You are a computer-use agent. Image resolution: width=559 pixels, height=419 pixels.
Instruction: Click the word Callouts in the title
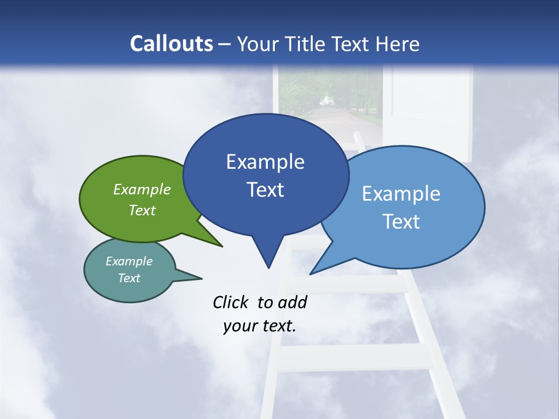172,44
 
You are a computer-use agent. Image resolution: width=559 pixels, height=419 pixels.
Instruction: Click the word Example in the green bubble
141,189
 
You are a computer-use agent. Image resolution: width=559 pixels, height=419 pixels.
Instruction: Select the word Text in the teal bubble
129,278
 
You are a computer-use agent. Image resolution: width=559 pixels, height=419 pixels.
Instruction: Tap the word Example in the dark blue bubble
265,162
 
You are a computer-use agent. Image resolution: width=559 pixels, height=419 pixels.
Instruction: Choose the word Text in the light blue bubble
402,222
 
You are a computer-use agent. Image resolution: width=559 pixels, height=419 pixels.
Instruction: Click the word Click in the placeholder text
231,302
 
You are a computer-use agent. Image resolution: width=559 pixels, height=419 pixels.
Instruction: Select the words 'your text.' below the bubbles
260,326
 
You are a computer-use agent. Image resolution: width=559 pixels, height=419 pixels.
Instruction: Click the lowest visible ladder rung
355,357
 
